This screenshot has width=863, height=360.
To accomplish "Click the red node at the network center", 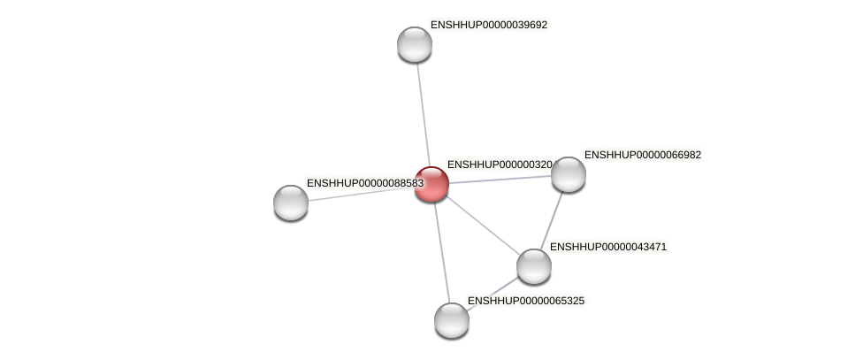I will coord(431,184).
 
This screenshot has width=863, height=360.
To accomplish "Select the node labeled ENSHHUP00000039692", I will coord(414,44).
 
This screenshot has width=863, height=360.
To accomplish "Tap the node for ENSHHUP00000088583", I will coord(291,203).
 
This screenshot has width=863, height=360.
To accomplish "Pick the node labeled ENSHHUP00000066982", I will coord(569,174).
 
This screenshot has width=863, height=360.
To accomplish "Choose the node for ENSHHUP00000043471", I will coord(533,266).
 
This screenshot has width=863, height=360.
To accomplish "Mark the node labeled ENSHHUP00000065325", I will coord(452,320).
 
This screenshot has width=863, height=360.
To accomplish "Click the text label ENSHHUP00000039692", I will coord(488,25).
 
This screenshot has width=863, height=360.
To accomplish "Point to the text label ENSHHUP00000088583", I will coord(364,183).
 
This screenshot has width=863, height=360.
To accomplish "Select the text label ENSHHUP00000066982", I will coord(642,155).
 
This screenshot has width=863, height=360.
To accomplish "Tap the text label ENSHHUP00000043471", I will coord(607,247).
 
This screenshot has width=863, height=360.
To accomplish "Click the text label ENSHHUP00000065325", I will coord(525,301).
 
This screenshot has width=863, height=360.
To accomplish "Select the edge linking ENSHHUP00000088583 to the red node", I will coord(361,194).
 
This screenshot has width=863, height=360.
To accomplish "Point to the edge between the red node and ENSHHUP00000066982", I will coord(500,180).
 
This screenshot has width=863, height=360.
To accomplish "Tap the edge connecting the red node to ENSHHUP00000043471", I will coord(482,225).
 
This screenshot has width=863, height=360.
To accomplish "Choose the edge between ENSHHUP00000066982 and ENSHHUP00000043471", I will coord(552,219).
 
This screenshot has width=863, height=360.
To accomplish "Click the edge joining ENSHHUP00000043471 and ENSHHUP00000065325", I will coord(493,293).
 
